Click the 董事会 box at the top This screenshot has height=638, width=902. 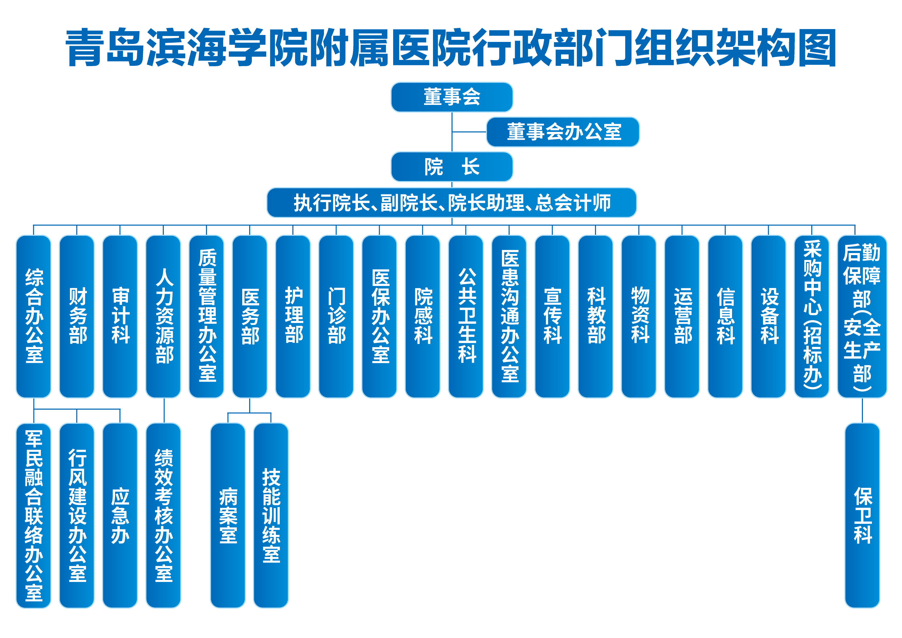452,97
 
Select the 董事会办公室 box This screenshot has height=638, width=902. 563,132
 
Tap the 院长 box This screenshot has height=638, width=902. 452,167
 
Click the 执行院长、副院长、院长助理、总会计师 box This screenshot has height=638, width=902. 452,203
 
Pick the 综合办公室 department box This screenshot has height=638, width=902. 34,316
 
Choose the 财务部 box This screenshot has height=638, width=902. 77,316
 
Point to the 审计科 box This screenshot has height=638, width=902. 120,316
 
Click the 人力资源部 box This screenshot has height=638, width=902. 164,316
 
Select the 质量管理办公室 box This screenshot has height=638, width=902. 207,316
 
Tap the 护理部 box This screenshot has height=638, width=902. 293,316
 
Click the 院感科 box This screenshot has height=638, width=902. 423,316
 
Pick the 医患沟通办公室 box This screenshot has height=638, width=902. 509,316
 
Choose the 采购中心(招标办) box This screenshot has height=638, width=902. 812,316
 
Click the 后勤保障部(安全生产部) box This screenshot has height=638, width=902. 862,316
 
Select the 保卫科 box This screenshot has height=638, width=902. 862,515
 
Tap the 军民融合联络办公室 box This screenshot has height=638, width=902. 34,515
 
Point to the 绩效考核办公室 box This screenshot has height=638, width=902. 164,515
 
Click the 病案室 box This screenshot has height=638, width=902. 228,515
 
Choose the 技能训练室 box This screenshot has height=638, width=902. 271,515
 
